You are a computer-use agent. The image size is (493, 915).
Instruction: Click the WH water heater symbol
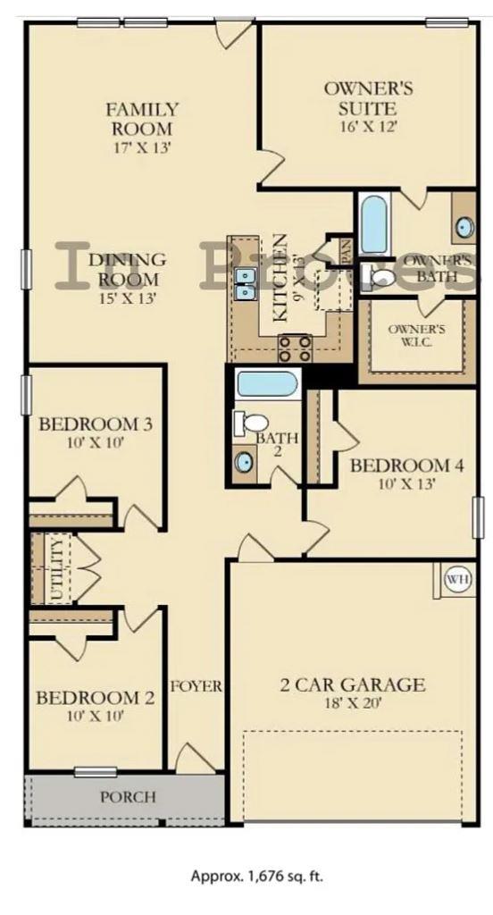(457, 580)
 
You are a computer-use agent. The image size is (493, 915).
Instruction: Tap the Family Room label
(142, 118)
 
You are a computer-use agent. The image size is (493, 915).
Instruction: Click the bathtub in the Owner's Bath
(373, 223)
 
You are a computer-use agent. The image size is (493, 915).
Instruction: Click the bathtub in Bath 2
(266, 386)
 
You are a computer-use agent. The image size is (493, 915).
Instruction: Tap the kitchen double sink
(244, 284)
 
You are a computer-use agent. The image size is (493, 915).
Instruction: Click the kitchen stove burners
(296, 346)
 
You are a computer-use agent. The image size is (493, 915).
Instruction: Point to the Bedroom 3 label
(95, 423)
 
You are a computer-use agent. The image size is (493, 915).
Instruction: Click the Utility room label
(57, 568)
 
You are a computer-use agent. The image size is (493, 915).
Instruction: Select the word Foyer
(196, 686)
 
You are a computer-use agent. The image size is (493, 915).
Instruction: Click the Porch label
(127, 796)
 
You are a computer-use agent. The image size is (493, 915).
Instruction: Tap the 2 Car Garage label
(352, 685)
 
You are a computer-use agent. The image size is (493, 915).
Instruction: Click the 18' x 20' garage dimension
(352, 703)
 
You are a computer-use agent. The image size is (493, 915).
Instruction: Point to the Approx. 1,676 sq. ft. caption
(257, 876)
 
